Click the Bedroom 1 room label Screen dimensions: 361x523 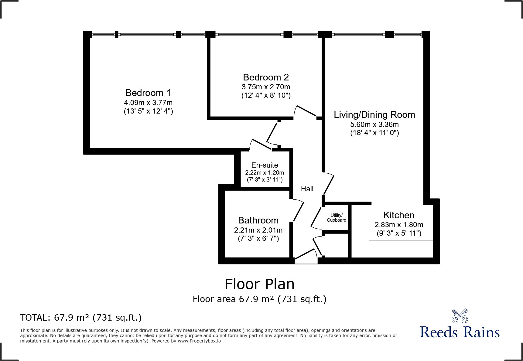[x=148, y=93]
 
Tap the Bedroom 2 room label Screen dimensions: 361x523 [x=266, y=77]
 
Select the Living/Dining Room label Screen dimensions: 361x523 [x=374, y=114]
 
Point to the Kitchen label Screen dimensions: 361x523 [x=398, y=215]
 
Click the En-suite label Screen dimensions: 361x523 [x=265, y=165]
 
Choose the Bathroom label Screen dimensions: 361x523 [x=258, y=220]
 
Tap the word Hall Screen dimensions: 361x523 [x=307, y=189]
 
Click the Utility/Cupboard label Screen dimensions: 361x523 [x=337, y=218]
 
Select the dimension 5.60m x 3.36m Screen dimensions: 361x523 [x=374, y=124]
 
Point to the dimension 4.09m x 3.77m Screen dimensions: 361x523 [x=148, y=102]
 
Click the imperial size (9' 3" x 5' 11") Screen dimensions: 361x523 [x=399, y=233]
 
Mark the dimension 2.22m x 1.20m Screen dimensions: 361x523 [x=265, y=172]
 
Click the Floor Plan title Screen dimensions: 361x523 [x=259, y=284]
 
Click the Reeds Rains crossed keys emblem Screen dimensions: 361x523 [x=460, y=316]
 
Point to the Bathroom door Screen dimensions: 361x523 [x=298, y=211]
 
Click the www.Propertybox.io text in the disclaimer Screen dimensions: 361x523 [x=199, y=341]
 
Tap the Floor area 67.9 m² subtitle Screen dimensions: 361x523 [x=259, y=299]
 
